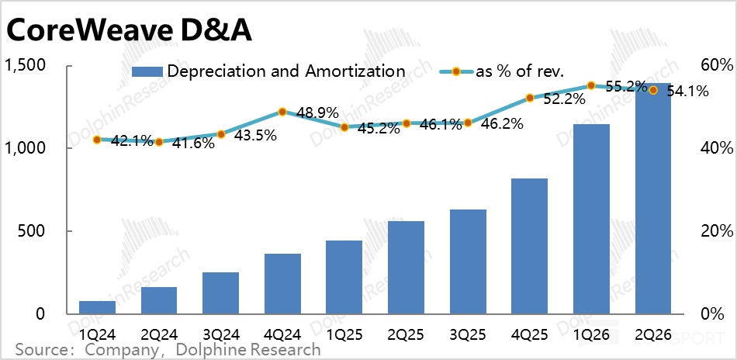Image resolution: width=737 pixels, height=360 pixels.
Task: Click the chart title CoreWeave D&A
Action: (x=129, y=33)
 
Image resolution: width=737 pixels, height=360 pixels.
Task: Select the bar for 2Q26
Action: (x=653, y=199)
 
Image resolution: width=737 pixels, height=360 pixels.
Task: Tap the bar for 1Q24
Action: (x=97, y=307)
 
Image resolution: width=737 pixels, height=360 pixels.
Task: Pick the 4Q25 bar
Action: (x=530, y=246)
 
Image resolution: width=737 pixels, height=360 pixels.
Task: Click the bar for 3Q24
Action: (x=221, y=293)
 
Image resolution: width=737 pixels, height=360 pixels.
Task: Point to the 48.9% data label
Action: (x=317, y=113)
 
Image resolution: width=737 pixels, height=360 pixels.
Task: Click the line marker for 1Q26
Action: (x=591, y=85)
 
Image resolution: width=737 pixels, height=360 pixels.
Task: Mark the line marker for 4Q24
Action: (x=282, y=112)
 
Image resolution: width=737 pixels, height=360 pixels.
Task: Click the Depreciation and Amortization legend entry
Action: (x=268, y=71)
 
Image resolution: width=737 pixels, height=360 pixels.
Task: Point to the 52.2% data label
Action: (x=563, y=99)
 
